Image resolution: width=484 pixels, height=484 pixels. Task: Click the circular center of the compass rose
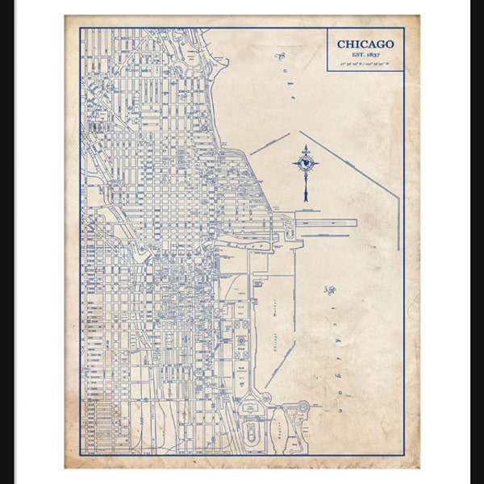307,165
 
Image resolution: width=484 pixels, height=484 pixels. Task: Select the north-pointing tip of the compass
307,146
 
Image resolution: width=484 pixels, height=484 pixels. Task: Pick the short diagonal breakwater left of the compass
269,144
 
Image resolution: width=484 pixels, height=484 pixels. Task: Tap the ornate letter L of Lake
282,56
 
